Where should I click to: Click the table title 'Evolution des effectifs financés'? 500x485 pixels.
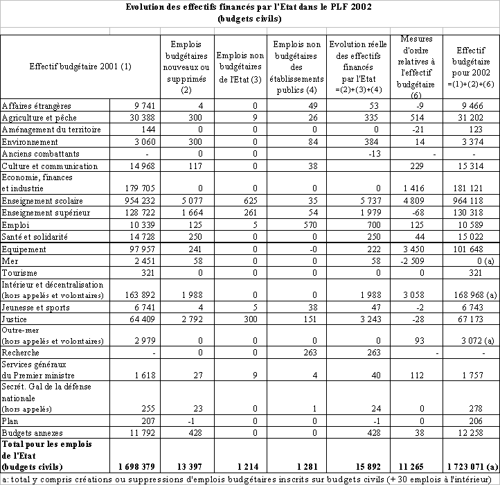[x=250, y=8]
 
